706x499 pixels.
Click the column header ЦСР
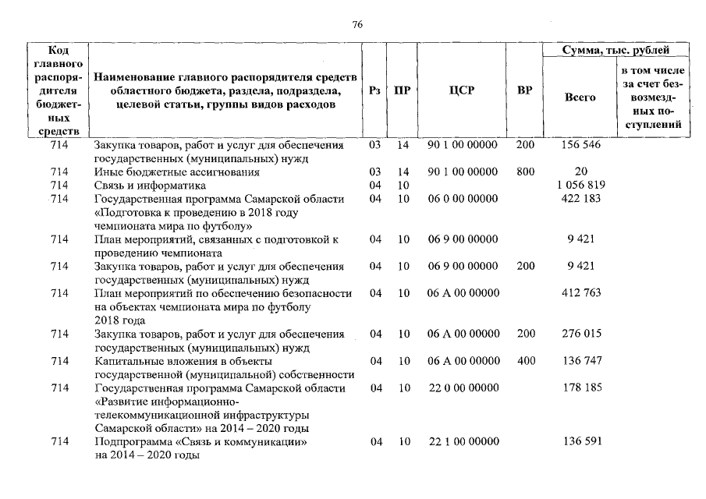point(463,90)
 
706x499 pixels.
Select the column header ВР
point(525,90)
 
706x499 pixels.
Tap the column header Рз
point(374,90)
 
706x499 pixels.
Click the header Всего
point(580,97)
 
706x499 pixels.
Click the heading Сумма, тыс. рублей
point(617,51)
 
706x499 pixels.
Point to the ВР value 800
point(525,172)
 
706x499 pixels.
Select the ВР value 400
point(525,361)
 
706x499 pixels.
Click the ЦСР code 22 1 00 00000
point(463,442)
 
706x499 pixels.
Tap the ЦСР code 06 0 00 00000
point(463,199)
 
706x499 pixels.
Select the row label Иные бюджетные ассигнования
point(177,172)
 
